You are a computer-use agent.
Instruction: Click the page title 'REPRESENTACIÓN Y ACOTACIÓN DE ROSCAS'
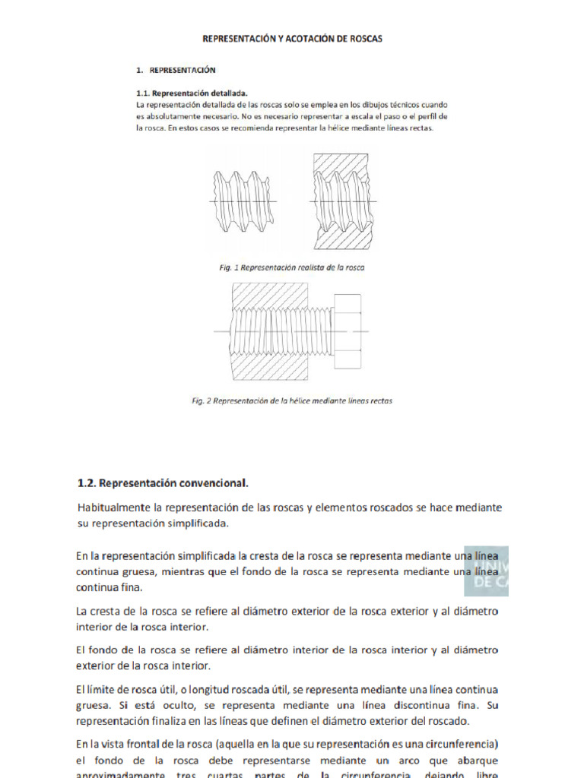click(291, 38)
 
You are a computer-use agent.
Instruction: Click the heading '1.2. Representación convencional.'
click(163, 482)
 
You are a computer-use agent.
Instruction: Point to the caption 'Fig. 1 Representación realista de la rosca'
click(292, 267)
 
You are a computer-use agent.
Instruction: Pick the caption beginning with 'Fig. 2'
click(292, 400)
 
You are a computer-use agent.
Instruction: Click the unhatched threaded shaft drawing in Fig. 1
click(242, 199)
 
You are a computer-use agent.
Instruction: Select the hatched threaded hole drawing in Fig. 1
click(342, 201)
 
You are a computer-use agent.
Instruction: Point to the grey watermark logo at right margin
click(486, 571)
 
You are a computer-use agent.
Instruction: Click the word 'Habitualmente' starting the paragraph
click(113, 508)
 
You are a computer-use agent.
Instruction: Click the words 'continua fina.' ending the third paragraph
click(109, 587)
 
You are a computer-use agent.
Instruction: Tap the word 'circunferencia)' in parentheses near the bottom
click(464, 742)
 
